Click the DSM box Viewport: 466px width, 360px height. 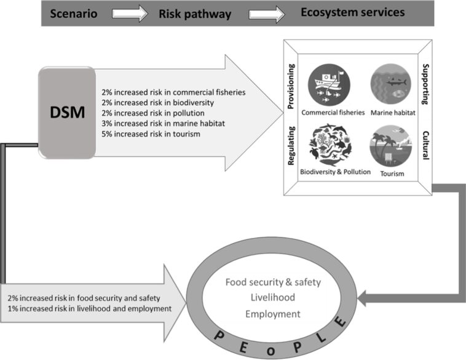pos(66,112)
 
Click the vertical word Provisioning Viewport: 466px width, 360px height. pos(293,87)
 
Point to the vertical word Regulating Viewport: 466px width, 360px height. pos(293,145)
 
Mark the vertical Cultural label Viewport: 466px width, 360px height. pos(425,145)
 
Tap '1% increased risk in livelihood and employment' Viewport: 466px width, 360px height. pos(86,308)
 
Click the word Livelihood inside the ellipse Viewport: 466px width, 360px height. pos(273,298)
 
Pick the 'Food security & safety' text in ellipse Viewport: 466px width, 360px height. pos(273,283)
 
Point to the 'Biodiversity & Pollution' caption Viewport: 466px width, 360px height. pos(335,172)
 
